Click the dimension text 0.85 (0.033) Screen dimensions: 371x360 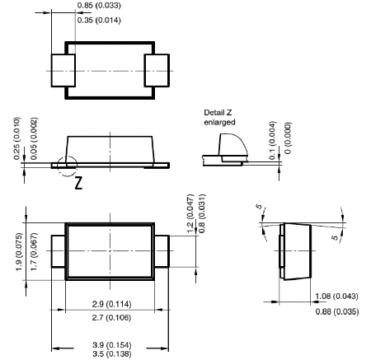(99, 5)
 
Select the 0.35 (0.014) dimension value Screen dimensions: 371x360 (99, 20)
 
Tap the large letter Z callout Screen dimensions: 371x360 (78, 183)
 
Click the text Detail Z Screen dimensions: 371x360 (218, 113)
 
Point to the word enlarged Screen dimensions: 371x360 (219, 122)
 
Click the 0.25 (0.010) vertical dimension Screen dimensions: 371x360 (17, 138)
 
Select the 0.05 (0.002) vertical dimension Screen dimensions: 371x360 (34, 138)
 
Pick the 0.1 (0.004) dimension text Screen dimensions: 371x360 (272, 140)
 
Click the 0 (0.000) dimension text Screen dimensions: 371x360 (288, 138)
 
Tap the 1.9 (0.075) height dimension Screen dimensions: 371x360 (19, 251)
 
